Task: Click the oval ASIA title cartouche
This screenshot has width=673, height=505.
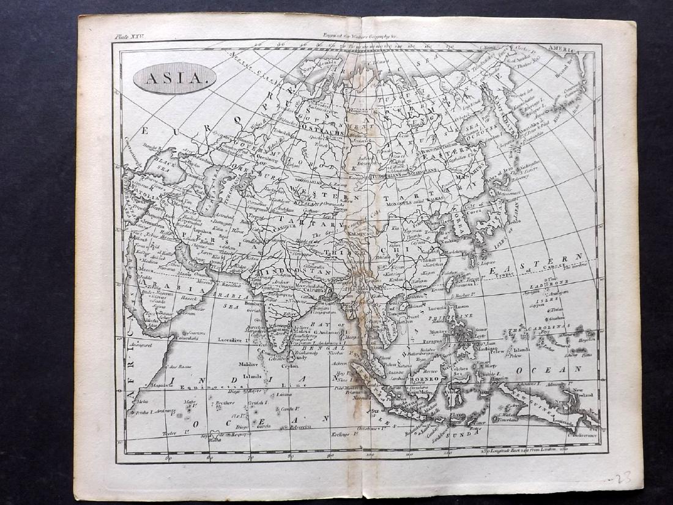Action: click(x=174, y=78)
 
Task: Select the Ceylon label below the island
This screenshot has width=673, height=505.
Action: click(x=290, y=365)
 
